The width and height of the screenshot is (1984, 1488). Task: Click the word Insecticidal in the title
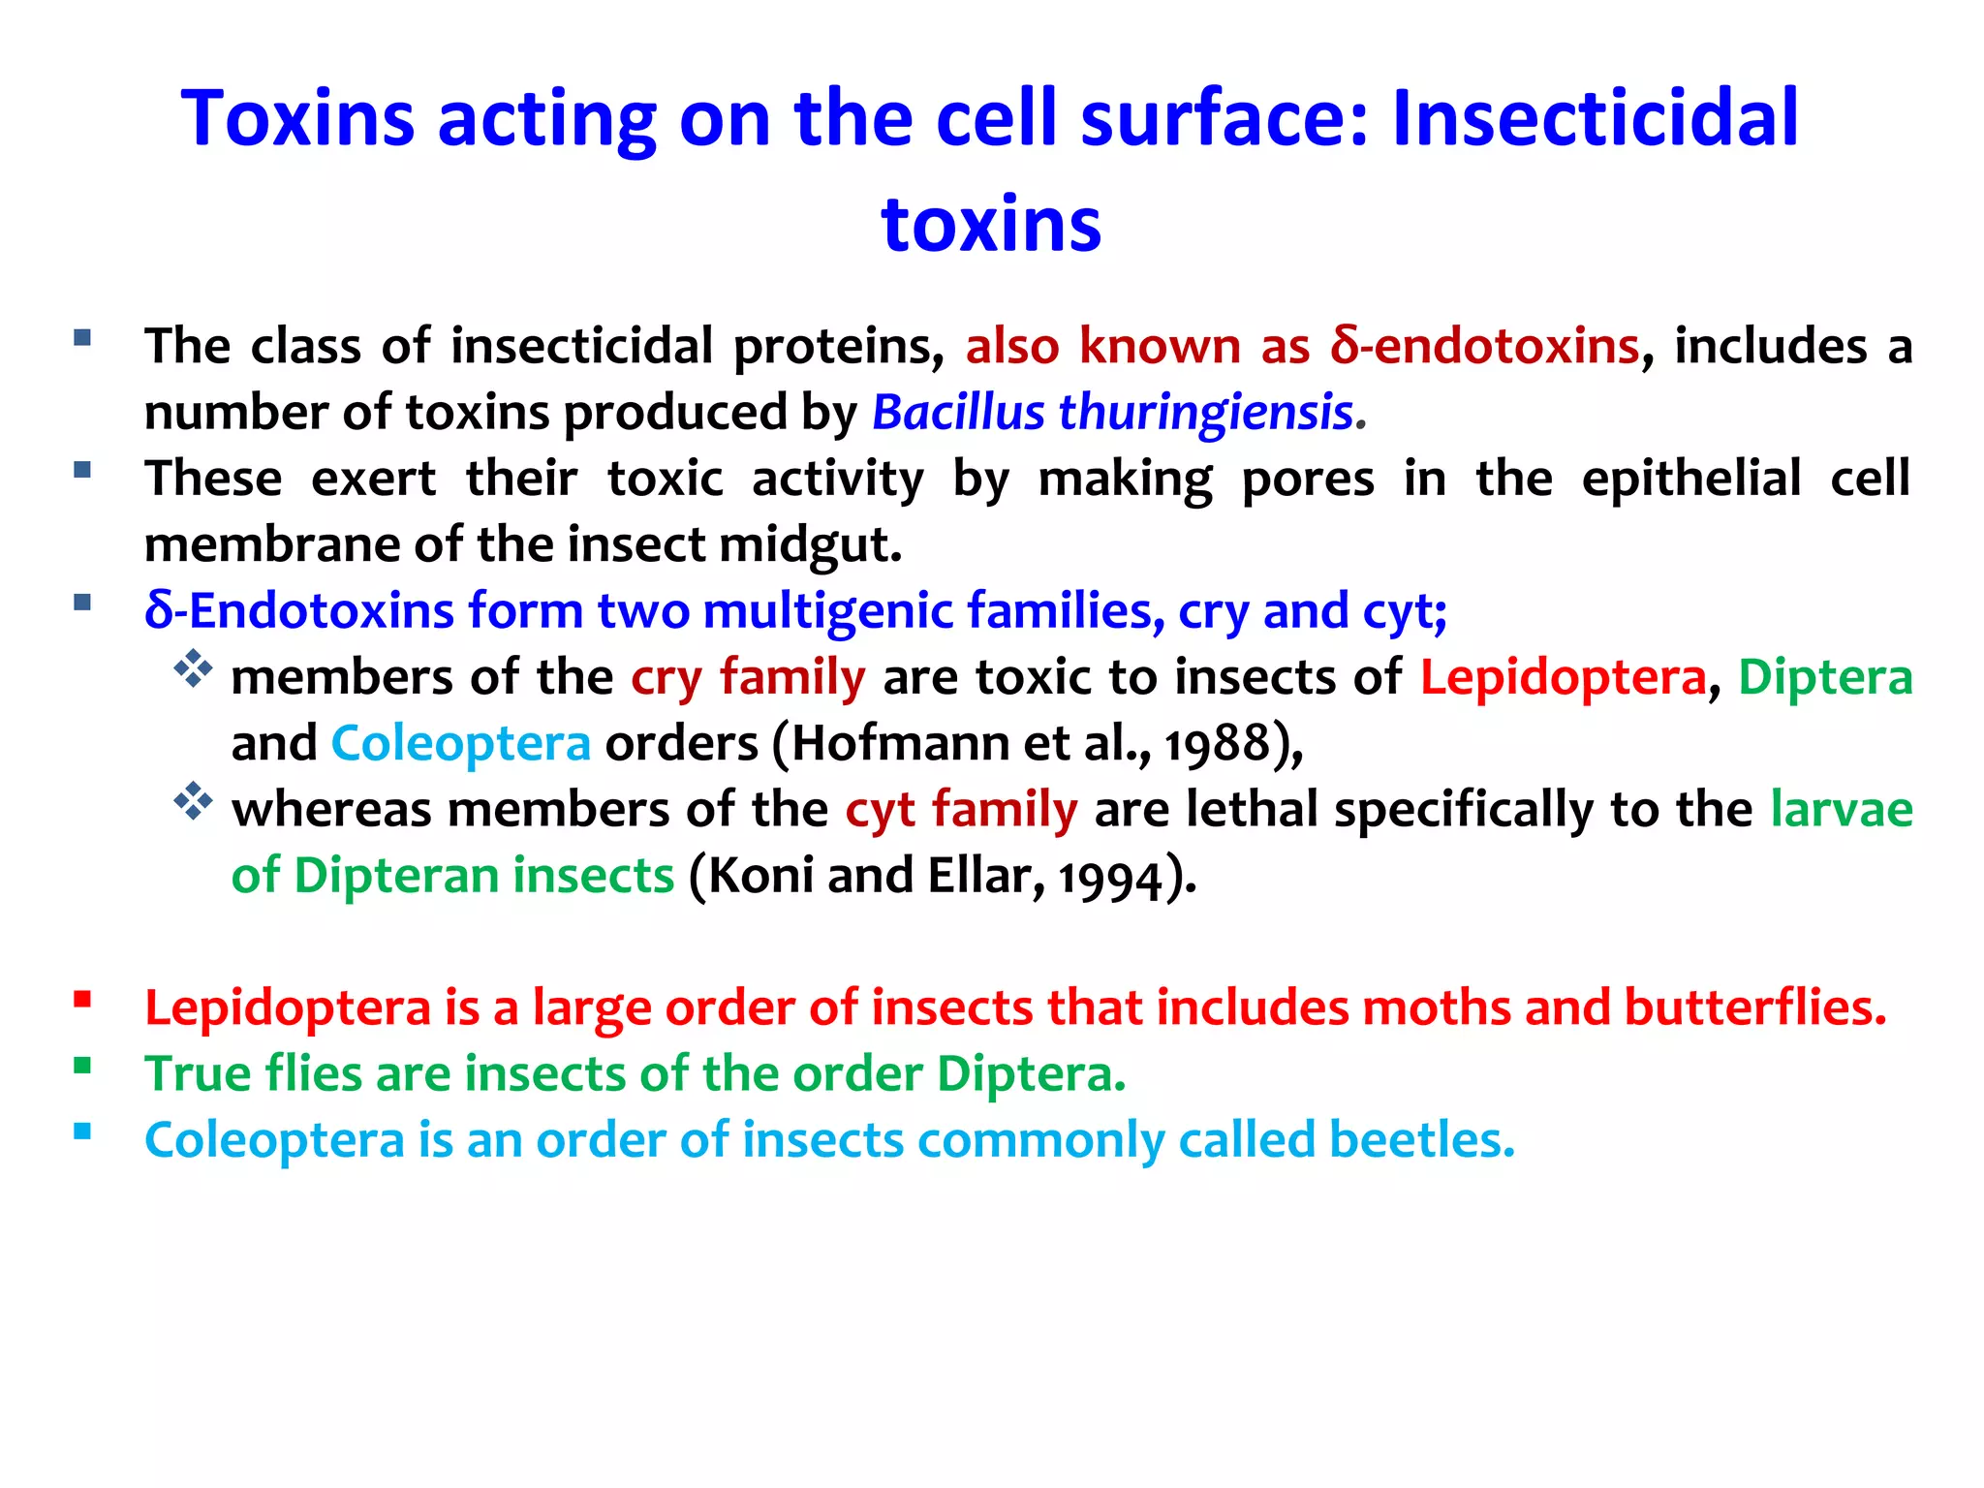pyautogui.click(x=1595, y=118)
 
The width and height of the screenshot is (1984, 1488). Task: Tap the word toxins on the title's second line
pyautogui.click(x=991, y=225)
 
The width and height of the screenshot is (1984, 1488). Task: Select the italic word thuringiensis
pyautogui.click(x=1205, y=413)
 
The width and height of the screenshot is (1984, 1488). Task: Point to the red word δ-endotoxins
pyautogui.click(x=1485, y=347)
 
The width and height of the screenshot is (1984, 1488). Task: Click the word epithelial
pyautogui.click(x=1690, y=479)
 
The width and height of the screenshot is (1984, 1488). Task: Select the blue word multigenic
pyautogui.click(x=828, y=611)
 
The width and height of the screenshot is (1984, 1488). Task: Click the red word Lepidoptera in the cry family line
pyautogui.click(x=1562, y=677)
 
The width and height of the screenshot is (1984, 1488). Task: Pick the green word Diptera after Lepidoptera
pyautogui.click(x=1825, y=677)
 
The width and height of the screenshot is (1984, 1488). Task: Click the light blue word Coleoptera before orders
pyautogui.click(x=460, y=744)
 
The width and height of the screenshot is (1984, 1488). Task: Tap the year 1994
pyautogui.click(x=1109, y=878)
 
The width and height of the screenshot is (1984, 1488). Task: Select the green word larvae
pyautogui.click(x=1841, y=810)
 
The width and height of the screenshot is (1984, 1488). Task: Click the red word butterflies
pyautogui.click(x=1754, y=1008)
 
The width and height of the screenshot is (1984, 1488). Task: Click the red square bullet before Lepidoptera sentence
pyautogui.click(x=82, y=1000)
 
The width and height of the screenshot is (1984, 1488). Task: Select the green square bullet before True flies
pyautogui.click(x=82, y=1067)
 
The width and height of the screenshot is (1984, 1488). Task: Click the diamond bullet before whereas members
pyautogui.click(x=193, y=801)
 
